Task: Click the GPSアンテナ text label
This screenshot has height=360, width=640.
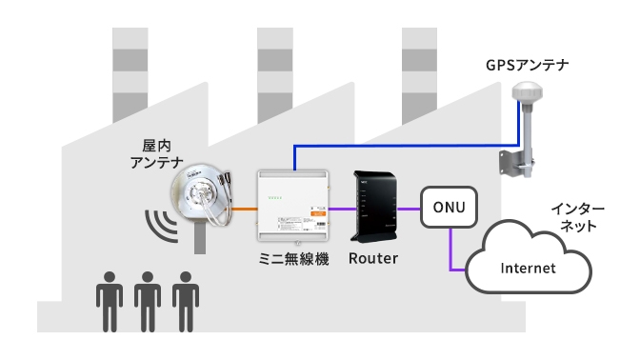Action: click(x=527, y=65)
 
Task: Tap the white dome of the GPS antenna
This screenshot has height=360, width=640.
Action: click(x=526, y=93)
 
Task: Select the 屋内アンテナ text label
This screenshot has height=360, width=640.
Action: click(x=155, y=154)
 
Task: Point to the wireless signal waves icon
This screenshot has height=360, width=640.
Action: click(x=159, y=227)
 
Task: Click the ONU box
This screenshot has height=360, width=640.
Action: click(x=448, y=207)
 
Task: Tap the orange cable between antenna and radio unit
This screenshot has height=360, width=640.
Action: click(x=244, y=208)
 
